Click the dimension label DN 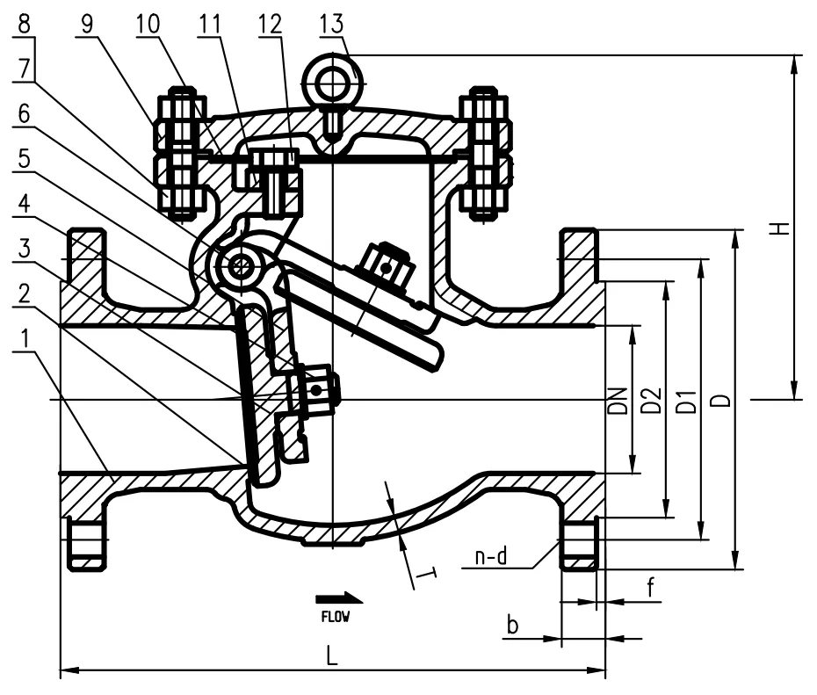coord(619,401)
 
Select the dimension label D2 coord(650,401)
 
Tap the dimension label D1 coord(687,401)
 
